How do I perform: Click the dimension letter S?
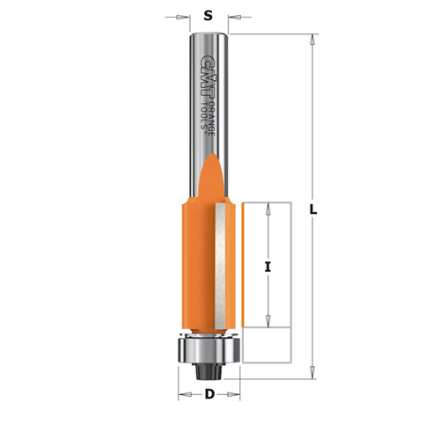click(208, 15)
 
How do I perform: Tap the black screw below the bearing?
click(208, 370)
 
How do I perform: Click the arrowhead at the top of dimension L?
click(312, 40)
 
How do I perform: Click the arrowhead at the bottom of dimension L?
click(312, 374)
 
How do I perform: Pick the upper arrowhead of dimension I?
click(267, 208)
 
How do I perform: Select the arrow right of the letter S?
click(235, 15)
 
